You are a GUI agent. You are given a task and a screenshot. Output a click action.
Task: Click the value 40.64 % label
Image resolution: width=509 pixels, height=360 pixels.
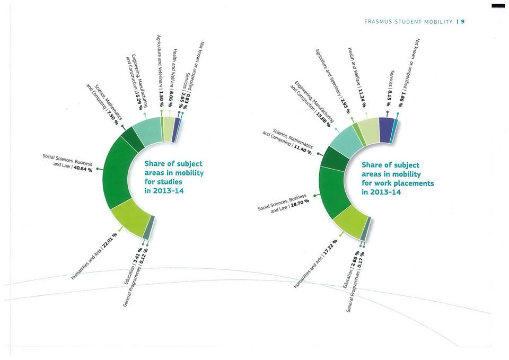pos(83,170)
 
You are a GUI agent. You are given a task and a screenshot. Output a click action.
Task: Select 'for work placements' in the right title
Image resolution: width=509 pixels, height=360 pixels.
pos(398,183)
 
